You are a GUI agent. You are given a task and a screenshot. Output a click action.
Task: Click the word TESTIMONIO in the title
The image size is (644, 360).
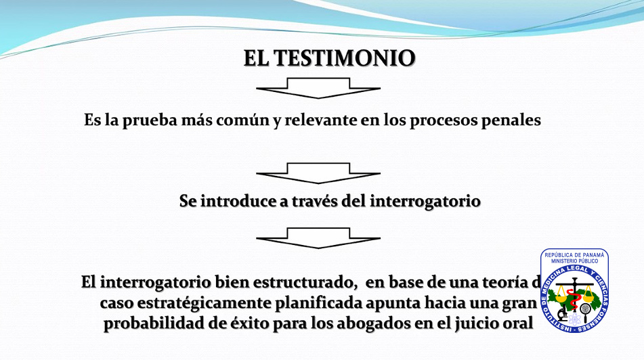pyautogui.click(x=344, y=58)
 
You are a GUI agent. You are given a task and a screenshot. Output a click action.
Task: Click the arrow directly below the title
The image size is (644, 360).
pyautogui.click(x=318, y=88)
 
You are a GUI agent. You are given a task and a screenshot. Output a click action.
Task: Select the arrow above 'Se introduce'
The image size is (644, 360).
pyautogui.click(x=318, y=173)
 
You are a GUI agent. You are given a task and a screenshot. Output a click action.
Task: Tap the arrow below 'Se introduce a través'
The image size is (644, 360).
pyautogui.click(x=318, y=238)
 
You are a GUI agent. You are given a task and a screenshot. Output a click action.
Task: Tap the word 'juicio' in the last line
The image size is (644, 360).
pyautogui.click(x=475, y=324)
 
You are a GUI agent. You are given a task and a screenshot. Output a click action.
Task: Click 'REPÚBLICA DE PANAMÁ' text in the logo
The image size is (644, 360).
pyautogui.click(x=574, y=255)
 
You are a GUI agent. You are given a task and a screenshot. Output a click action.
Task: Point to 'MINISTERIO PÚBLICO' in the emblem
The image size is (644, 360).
pyautogui.click(x=574, y=261)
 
